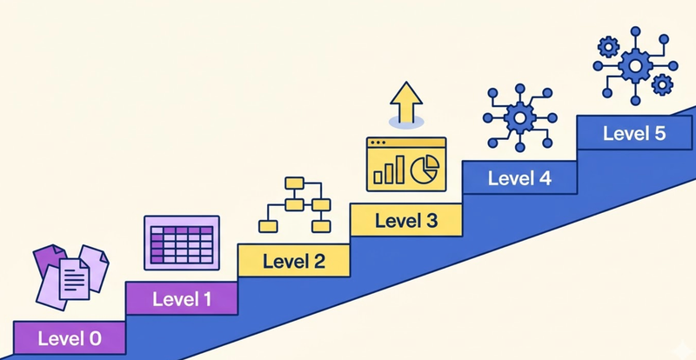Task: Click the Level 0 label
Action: click(70, 338)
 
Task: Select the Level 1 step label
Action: click(182, 299)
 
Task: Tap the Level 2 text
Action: click(294, 261)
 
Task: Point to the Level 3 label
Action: click(406, 221)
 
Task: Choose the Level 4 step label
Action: click(519, 178)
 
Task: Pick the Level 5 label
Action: click(634, 133)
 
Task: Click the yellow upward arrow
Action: click(405, 103)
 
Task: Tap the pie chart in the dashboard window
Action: click(425, 170)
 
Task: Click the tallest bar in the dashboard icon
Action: click(399, 169)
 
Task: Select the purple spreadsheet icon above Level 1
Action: click(182, 243)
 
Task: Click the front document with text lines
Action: click(74, 279)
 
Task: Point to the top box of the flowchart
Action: click(294, 183)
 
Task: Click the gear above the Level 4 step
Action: click(519, 117)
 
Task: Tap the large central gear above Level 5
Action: click(635, 66)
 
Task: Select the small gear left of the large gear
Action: click(607, 47)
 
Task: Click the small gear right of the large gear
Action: click(662, 85)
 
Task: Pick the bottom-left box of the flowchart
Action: click(268, 226)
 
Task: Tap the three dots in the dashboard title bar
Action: click(378, 143)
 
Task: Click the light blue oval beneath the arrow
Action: click(406, 122)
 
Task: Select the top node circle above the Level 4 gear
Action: click(519, 89)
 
